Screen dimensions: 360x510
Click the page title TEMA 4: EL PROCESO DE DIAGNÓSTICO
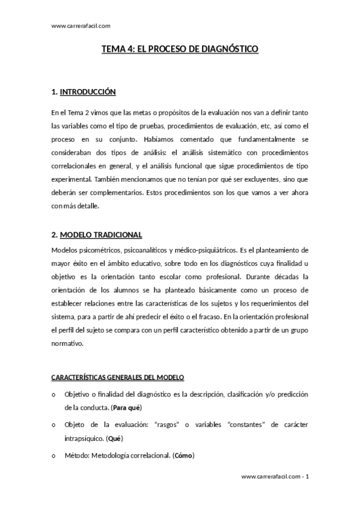[180, 51]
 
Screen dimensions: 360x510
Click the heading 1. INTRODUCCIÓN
[83, 92]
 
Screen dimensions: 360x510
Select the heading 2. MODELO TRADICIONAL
[97, 234]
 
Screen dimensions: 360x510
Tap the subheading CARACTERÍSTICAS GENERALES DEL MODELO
[118, 376]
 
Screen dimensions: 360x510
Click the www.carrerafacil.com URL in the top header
[81, 25]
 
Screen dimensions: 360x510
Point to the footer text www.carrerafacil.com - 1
[275, 476]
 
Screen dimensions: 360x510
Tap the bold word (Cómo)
[183, 455]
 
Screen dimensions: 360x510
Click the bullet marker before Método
[54, 455]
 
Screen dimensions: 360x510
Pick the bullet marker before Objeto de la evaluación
[54, 425]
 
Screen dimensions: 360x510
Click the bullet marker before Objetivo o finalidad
[54, 394]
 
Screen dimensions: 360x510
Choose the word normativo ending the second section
[67, 344]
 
